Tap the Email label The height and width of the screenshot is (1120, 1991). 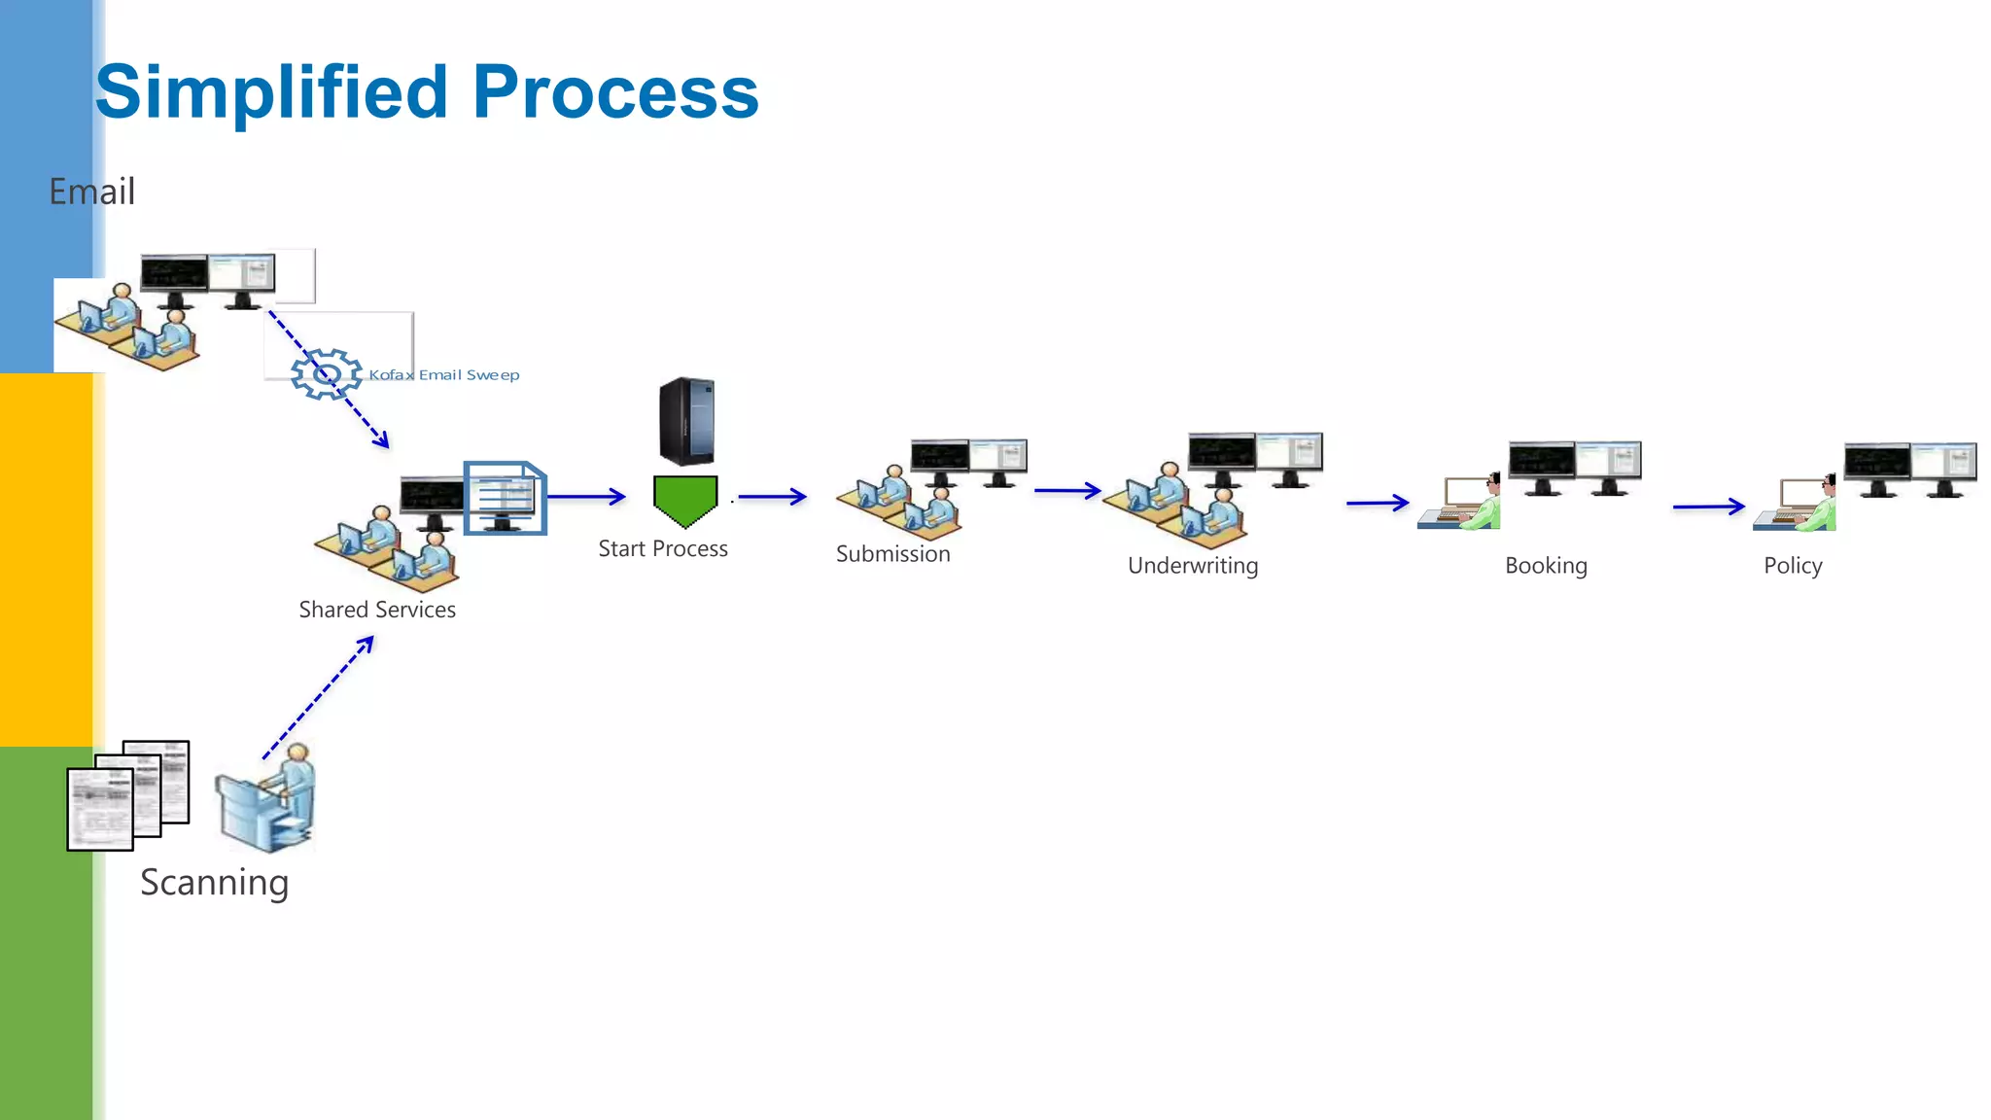point(92,192)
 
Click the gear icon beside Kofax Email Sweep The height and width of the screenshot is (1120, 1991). point(326,374)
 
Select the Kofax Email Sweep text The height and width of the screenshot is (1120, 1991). point(444,375)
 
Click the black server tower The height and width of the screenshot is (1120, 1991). point(686,421)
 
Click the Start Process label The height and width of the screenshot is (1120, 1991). point(663,549)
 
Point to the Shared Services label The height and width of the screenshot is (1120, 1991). point(377,610)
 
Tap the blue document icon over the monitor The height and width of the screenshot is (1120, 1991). point(505,497)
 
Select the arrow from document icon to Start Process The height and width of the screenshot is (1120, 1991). point(586,497)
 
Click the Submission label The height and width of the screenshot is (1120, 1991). point(893,554)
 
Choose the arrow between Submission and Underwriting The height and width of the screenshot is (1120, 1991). point(1066,491)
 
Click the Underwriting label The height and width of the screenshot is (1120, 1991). point(1193,566)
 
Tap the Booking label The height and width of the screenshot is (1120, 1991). point(1546,566)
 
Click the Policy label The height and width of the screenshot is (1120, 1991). point(1793,566)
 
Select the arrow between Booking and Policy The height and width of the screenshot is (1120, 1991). point(1708,507)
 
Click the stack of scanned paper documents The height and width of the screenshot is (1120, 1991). point(127,796)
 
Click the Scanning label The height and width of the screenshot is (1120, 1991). point(215,883)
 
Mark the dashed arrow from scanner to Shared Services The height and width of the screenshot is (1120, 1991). point(318,698)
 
